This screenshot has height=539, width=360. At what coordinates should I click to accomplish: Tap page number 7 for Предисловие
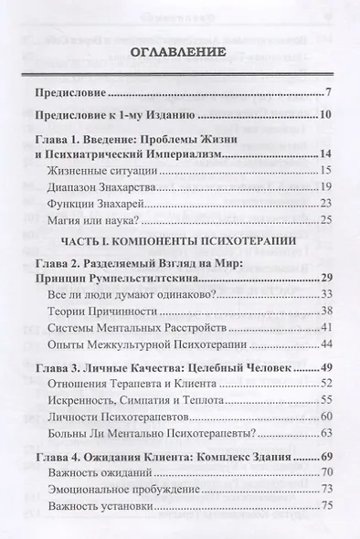[x=328, y=92]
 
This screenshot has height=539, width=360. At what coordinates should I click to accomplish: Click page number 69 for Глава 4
[x=325, y=454]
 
